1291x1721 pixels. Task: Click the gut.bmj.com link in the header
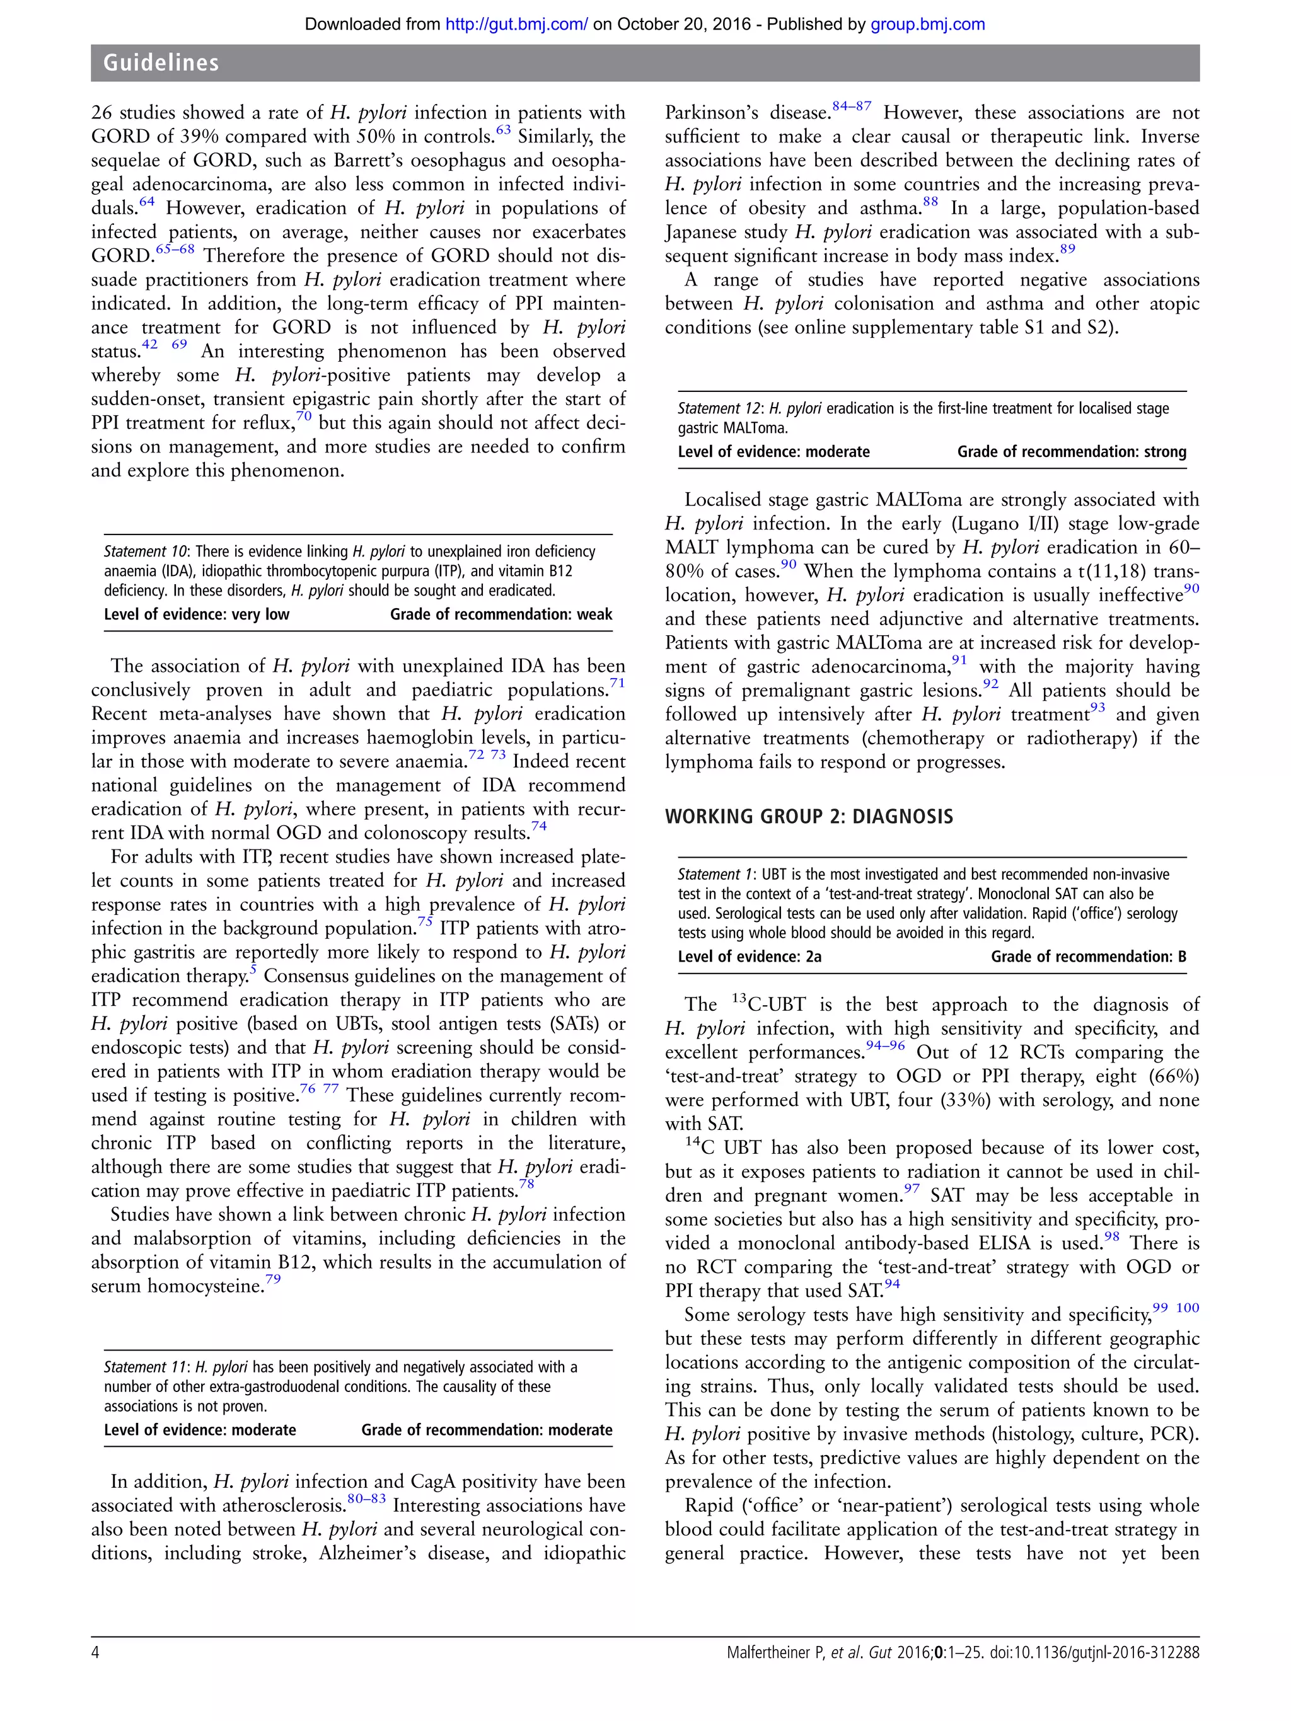516,24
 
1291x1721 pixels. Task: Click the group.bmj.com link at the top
927,24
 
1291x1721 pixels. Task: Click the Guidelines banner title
161,63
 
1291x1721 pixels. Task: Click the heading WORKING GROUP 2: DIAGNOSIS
809,816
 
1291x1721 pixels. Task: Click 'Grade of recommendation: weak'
501,614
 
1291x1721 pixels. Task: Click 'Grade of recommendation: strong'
1071,452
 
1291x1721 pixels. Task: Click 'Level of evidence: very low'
196,614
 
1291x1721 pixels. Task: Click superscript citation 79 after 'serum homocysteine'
272,1279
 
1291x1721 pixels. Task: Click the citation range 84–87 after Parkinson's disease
852,106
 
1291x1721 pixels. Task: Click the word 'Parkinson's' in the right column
711,113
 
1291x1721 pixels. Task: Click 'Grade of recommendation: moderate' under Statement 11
487,1430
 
